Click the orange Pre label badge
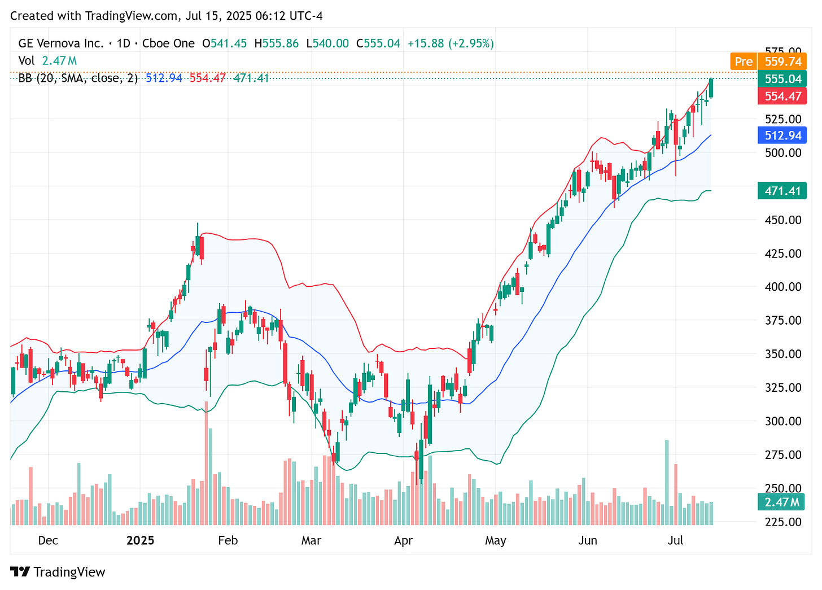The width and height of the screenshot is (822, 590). point(744,62)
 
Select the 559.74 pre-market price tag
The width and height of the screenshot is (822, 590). point(782,62)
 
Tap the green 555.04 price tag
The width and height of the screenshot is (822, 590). point(782,79)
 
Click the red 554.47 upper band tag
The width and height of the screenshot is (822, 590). point(782,96)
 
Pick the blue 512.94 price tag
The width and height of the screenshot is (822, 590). point(782,136)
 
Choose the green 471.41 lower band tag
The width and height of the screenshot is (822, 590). point(782,191)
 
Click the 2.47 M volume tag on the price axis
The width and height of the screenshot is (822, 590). point(782,502)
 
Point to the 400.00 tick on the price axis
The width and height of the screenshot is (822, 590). point(782,287)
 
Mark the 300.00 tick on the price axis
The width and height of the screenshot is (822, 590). point(782,421)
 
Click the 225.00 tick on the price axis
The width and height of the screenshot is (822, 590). point(782,522)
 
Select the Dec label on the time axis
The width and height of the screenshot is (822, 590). point(48,540)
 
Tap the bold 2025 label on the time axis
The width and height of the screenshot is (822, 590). point(140,540)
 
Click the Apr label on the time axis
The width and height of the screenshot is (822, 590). point(403,540)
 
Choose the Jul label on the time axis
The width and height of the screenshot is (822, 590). point(675,540)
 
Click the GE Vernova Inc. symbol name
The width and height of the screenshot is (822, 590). point(61,43)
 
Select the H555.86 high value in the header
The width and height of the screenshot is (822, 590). point(277,43)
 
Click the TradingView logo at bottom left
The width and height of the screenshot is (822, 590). point(58,572)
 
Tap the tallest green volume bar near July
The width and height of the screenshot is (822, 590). point(667,483)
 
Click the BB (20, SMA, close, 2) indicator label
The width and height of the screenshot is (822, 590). point(78,78)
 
